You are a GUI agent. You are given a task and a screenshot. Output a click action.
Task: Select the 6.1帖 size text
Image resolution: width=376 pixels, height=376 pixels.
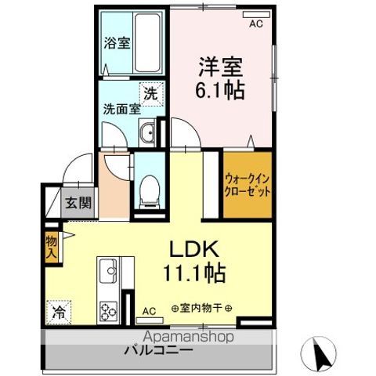coord(220,89)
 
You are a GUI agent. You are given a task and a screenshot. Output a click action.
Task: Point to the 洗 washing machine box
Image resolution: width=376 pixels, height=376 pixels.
coord(149,91)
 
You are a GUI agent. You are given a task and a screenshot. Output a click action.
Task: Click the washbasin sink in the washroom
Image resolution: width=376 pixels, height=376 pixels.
coord(149,132)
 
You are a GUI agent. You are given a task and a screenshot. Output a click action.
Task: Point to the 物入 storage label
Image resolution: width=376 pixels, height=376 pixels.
coord(52,247)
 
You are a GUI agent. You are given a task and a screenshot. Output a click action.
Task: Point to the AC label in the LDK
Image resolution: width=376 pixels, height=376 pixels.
coord(148,310)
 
